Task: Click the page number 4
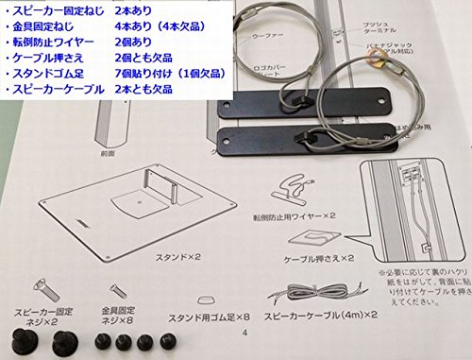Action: click(x=245, y=334)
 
